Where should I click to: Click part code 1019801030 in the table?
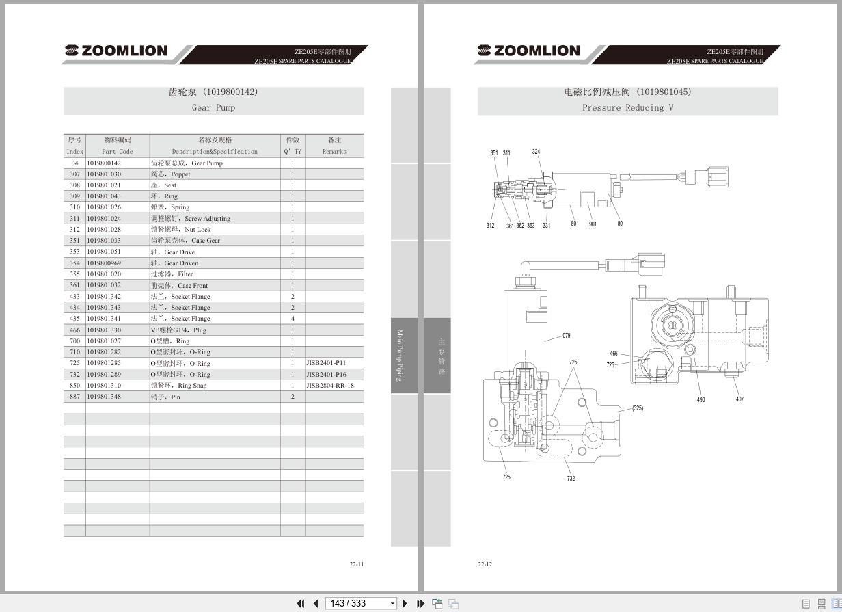click(104, 174)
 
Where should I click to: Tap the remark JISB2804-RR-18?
click(330, 386)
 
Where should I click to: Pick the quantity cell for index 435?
click(293, 319)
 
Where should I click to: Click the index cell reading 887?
click(74, 397)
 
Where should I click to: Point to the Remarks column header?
click(334, 146)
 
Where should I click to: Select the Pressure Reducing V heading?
click(627, 108)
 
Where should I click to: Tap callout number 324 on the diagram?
click(536, 152)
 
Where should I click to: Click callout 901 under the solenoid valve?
click(593, 224)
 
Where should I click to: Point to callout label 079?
click(566, 336)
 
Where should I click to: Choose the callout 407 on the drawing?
click(739, 399)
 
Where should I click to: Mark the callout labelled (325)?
click(637, 408)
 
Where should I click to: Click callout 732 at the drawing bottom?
click(571, 479)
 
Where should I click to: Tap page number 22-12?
click(485, 564)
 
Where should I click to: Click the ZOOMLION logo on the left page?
click(116, 51)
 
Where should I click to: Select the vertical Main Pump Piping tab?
click(400, 355)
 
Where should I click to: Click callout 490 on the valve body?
click(701, 400)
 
